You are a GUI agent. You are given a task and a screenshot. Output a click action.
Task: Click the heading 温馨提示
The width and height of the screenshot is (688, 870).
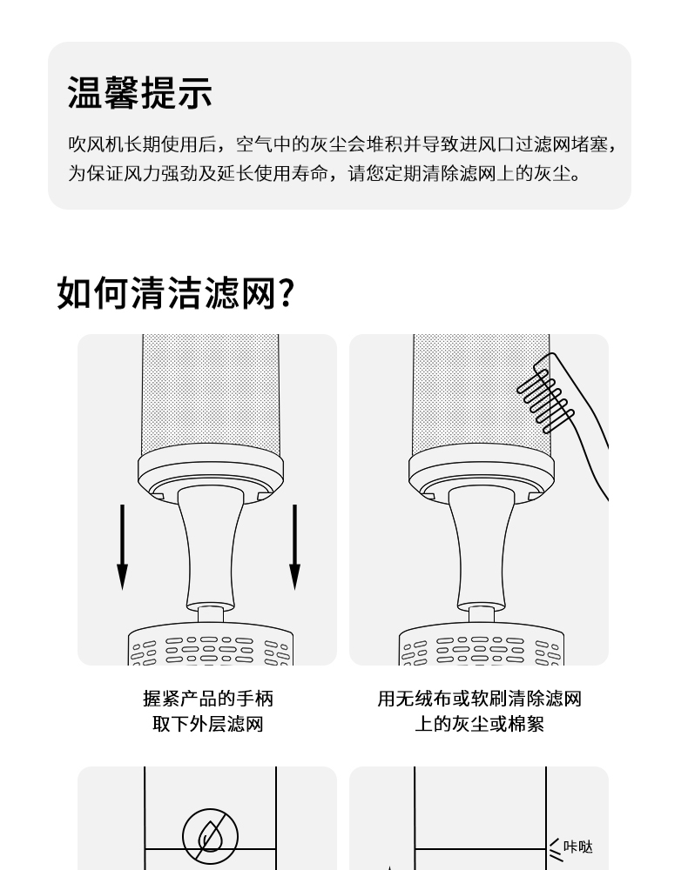[x=140, y=92]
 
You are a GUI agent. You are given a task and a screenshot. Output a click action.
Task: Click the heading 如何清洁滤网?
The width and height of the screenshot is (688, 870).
[x=175, y=292]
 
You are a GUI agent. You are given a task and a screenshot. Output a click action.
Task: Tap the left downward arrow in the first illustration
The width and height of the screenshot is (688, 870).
[x=122, y=547]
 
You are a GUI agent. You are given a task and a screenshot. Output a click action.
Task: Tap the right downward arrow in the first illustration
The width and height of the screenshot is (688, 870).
[x=295, y=547]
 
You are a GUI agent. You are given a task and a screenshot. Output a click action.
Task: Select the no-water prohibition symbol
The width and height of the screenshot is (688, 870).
[x=211, y=837]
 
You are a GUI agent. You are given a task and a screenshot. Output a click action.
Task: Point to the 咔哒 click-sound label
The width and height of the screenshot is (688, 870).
[x=578, y=847]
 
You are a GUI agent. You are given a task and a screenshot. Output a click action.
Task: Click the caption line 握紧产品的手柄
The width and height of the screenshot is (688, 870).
[x=207, y=699]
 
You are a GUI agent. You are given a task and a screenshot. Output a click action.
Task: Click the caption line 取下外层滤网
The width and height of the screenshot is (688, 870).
[x=207, y=724]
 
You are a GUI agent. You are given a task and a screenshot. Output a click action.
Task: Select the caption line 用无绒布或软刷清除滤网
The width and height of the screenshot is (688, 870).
[x=479, y=699]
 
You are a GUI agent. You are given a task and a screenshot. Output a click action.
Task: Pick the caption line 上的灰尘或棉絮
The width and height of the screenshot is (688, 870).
[x=479, y=724]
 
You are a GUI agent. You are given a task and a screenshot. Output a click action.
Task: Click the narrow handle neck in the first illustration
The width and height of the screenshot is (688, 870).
[x=211, y=549]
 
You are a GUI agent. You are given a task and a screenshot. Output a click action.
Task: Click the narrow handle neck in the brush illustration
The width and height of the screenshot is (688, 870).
[x=482, y=549]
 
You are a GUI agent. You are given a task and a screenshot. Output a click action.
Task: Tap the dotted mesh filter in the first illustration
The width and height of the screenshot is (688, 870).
[x=211, y=394]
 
